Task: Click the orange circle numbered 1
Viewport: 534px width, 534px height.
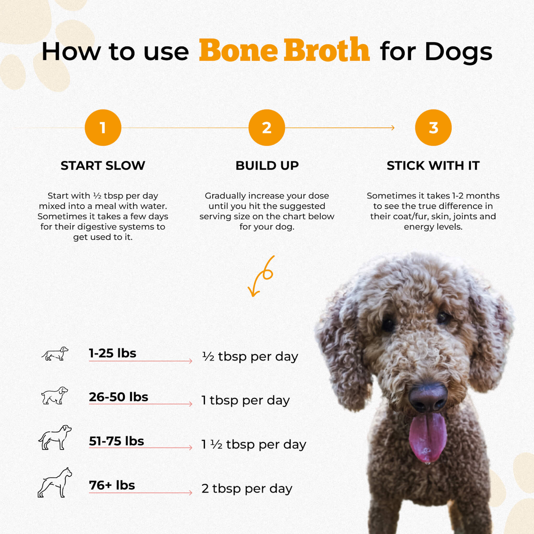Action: click(103, 128)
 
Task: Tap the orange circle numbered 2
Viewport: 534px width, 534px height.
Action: click(267, 128)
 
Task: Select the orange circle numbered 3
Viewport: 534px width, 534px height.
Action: click(433, 128)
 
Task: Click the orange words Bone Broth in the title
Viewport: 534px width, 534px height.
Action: click(284, 51)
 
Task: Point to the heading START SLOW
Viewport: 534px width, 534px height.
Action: click(103, 166)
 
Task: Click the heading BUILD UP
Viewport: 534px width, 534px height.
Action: click(267, 166)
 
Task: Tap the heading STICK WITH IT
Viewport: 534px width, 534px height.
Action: click(433, 166)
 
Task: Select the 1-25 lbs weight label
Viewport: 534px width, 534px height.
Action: click(112, 353)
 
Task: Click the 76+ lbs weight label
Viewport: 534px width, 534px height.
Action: click(112, 485)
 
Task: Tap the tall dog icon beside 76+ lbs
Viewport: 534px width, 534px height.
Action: click(55, 483)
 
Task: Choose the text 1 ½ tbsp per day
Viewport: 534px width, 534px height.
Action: click(254, 445)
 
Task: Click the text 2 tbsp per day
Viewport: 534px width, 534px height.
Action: click(247, 488)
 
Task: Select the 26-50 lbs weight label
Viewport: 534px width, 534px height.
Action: click(119, 397)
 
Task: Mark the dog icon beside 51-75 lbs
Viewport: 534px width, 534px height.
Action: click(55, 437)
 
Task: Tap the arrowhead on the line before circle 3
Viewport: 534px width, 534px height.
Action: click(393, 128)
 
